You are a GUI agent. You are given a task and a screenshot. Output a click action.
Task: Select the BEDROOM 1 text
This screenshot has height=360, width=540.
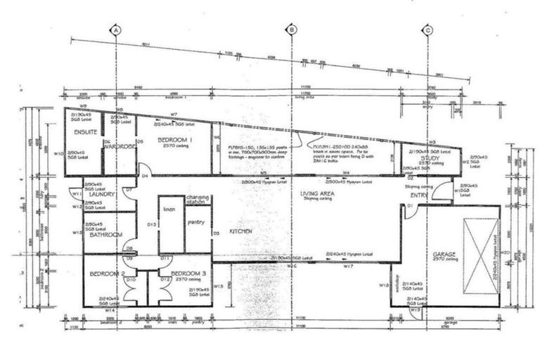(174, 141)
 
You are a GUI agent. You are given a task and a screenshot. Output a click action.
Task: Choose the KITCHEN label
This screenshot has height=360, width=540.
(240, 230)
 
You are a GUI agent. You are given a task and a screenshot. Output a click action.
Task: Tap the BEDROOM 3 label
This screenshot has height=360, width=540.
(188, 273)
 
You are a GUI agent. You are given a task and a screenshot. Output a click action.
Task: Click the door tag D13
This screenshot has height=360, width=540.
(150, 224)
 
